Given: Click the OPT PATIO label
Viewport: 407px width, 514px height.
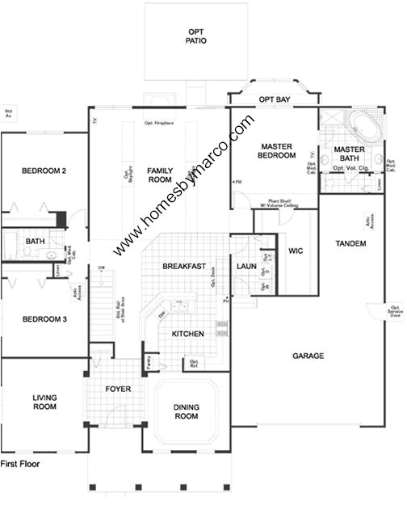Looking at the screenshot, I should pos(195,36).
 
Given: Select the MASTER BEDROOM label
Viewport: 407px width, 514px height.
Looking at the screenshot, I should pos(278,151).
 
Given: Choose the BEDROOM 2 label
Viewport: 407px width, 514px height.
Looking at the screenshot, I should pos(43,171).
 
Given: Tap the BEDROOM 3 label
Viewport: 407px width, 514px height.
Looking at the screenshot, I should pos(43,319).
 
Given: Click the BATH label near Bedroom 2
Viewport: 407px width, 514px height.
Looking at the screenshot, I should pos(35,241).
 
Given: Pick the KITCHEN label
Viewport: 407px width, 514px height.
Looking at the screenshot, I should pos(187,334).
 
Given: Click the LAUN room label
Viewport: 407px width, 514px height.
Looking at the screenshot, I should pos(246,267).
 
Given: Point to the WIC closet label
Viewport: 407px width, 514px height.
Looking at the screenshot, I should pos(295,251).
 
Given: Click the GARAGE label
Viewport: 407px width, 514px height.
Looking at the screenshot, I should pos(308,356).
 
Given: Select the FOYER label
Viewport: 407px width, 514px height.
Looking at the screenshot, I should pos(118,389).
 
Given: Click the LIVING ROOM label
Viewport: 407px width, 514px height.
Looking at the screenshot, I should pos(44,402).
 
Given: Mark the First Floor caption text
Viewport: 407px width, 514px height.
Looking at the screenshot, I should pos(19,464).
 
